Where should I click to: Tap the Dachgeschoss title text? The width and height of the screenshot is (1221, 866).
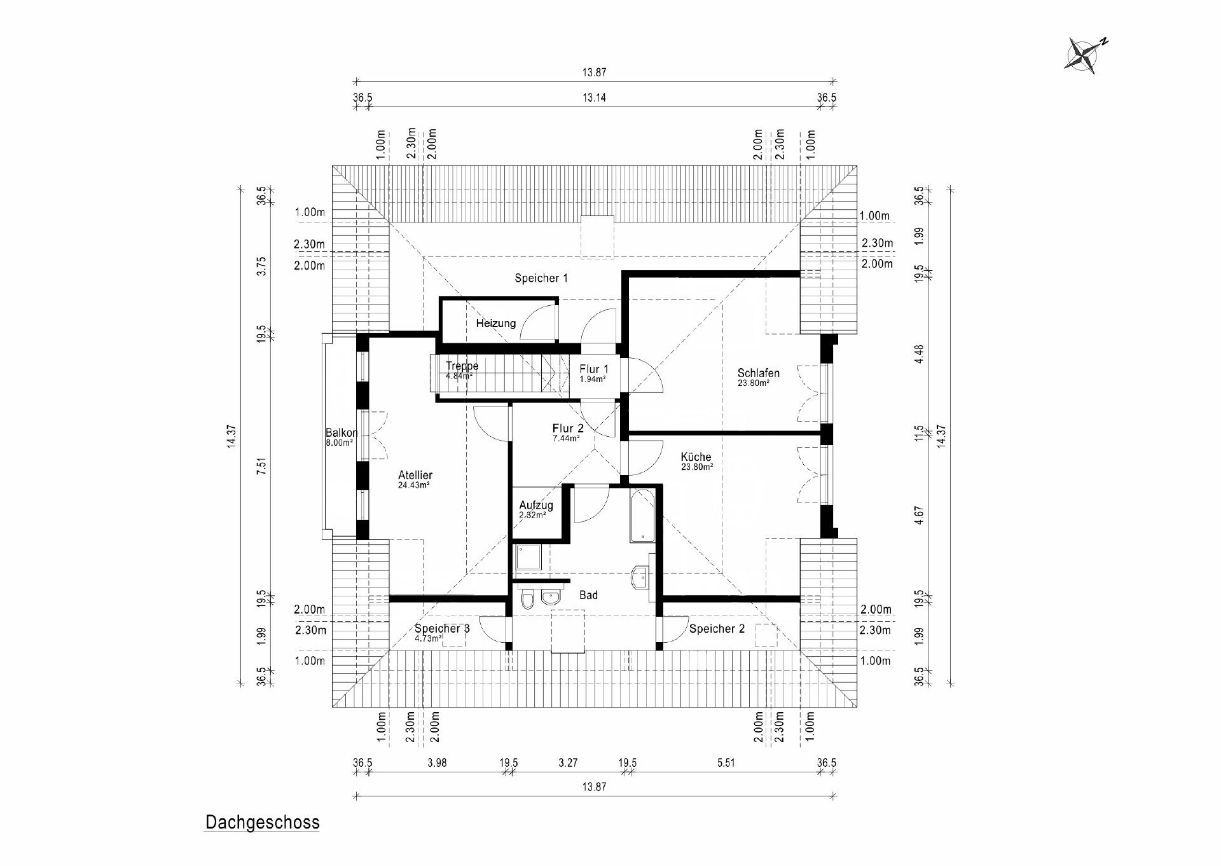tap(262, 823)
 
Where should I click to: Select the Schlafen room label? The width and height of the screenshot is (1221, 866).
tap(758, 373)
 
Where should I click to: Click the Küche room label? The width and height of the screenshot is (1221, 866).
tap(696, 457)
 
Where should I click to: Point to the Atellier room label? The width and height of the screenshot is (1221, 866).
tap(415, 475)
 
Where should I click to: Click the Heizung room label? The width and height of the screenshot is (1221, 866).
tap(495, 323)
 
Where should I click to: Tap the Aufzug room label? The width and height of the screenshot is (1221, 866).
tap(535, 505)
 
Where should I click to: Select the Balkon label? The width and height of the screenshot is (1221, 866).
tap(341, 433)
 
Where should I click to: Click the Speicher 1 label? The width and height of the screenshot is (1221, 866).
tap(541, 278)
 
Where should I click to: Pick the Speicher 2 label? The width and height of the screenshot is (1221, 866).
tap(717, 629)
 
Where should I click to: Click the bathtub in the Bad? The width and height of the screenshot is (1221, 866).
tap(642, 516)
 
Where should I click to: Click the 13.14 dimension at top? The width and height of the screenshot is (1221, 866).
tap(593, 98)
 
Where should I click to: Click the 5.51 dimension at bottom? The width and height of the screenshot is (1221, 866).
tap(726, 762)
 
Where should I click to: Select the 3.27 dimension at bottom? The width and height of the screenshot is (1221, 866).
tap(568, 762)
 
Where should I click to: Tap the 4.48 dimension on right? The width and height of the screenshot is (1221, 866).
tap(918, 354)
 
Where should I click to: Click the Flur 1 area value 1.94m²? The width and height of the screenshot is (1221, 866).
tap(592, 379)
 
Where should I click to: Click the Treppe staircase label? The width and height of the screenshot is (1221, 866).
tap(462, 366)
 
